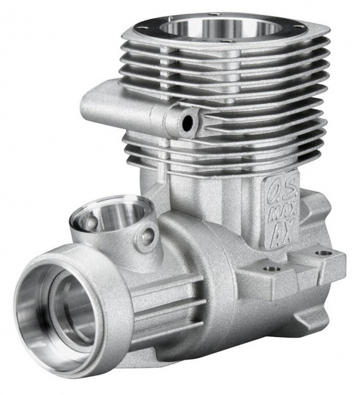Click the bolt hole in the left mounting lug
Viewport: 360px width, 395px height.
tap(270, 269)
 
